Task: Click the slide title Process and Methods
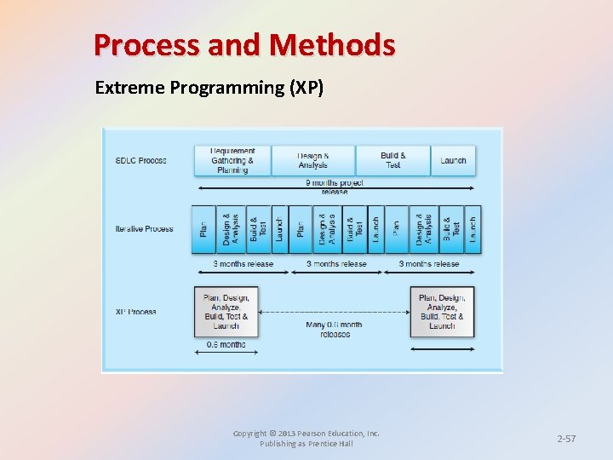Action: pos(244,44)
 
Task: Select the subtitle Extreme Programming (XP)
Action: pos(209,88)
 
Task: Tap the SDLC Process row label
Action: pos(141,160)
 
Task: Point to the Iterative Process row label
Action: pos(145,228)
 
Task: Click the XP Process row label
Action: pos(136,312)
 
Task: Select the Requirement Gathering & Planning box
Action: pos(232,160)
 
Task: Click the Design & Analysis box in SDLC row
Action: pos(312,160)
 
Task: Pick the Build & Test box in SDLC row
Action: pos(392,160)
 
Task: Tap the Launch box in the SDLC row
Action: pos(453,160)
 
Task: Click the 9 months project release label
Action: pos(335,187)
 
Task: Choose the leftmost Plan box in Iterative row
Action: pos(203,229)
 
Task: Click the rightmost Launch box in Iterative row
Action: pos(473,229)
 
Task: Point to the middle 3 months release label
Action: pos(336,264)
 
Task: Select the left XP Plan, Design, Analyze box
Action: pos(226,312)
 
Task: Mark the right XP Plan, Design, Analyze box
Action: pos(442,312)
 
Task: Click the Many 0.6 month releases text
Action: pos(334,329)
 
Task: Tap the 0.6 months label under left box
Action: pos(226,345)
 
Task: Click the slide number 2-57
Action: pos(566,439)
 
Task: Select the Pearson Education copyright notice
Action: pos(306,439)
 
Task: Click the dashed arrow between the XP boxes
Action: pos(334,312)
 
